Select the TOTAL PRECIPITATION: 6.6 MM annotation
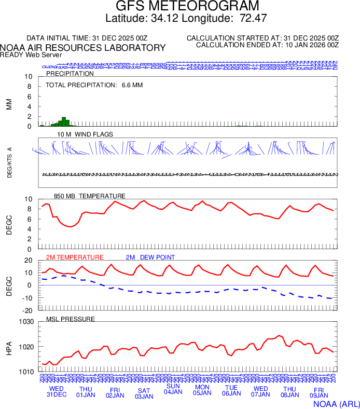tap(88, 84)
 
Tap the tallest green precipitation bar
tap(63, 121)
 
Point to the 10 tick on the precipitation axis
tap(29, 77)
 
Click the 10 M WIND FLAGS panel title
tap(85, 134)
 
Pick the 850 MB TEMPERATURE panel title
tap(89, 196)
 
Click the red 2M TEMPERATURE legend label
tap(75, 257)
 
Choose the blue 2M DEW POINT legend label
tap(150, 257)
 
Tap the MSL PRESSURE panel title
tap(71, 319)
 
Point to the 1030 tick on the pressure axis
tap(26, 322)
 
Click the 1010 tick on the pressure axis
tap(26, 372)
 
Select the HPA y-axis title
tap(9, 347)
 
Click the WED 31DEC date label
tap(57, 391)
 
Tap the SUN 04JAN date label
tap(173, 389)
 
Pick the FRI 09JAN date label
tap(319, 392)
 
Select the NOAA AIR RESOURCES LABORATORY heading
tap(83, 48)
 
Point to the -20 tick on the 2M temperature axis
tap(27, 310)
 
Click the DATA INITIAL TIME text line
tap(87, 38)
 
